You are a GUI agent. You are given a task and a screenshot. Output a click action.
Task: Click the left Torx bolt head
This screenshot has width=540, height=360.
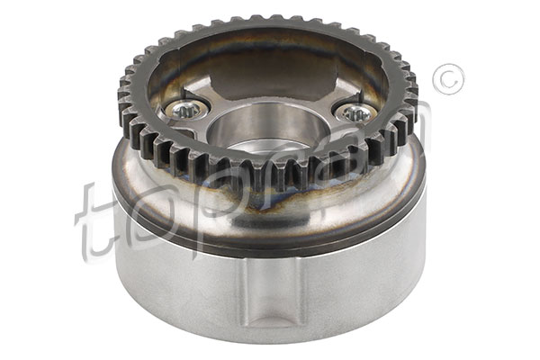pos(185,110)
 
